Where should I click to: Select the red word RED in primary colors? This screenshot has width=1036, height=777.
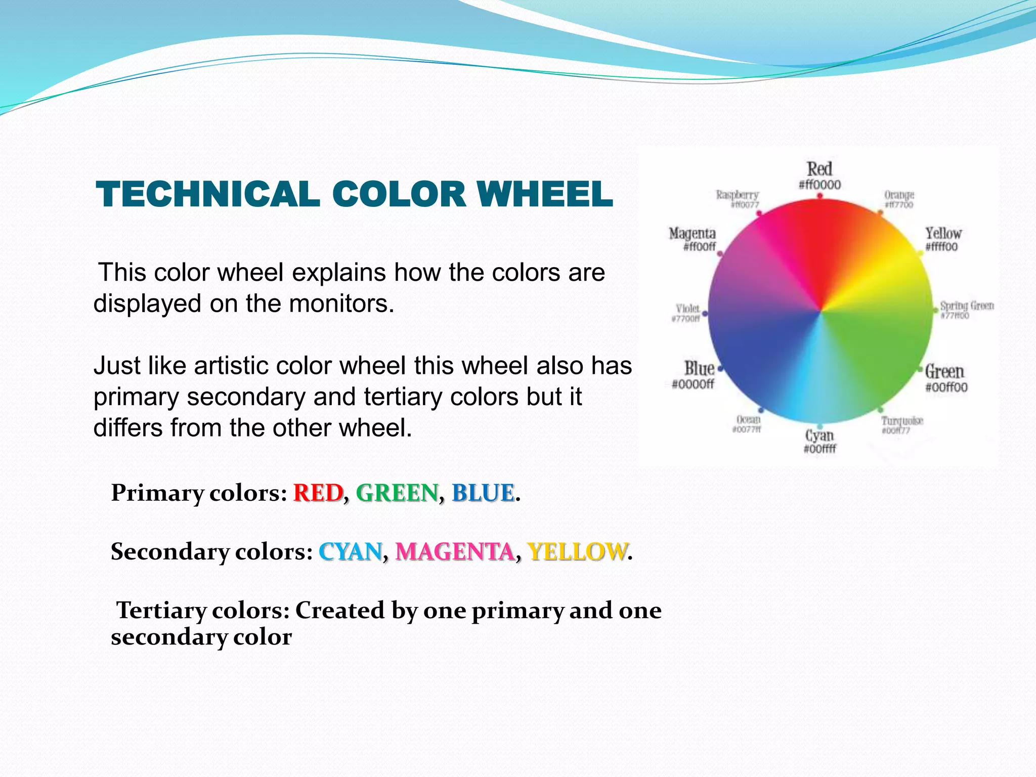tap(318, 493)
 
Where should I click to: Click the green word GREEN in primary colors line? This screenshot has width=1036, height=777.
tap(398, 493)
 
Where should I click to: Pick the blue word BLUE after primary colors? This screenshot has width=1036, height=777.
tap(483, 493)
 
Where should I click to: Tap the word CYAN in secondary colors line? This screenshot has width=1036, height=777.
tap(350, 551)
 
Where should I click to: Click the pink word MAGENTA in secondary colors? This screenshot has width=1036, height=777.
tap(455, 551)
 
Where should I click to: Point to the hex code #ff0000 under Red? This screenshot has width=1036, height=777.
tap(819, 185)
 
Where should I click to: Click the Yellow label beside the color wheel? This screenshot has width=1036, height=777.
tap(943, 233)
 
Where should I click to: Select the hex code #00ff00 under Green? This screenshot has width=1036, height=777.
tap(946, 387)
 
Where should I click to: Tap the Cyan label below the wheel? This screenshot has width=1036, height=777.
tap(819, 435)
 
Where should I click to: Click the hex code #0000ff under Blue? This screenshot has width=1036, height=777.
tap(693, 384)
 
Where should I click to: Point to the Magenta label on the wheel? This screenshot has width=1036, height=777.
tap(692, 233)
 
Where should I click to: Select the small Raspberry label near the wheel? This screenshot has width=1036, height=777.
tap(737, 195)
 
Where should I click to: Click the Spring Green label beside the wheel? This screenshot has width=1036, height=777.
tap(967, 306)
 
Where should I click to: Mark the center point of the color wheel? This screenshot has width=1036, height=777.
tap(820, 311)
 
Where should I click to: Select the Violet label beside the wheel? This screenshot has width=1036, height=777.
tap(687, 308)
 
